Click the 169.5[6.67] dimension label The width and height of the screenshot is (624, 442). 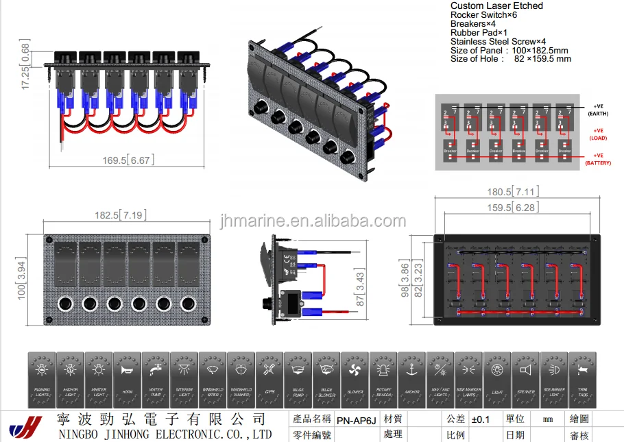point(128,160)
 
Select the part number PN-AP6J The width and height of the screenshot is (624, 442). point(356,419)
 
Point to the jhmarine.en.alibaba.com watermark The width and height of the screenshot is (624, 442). point(313,221)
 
